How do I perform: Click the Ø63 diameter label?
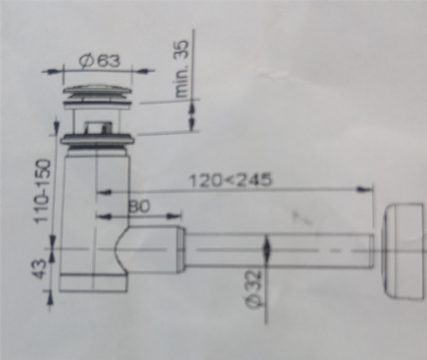click(100, 60)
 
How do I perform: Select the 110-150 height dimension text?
click(43, 191)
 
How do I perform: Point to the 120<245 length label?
click(230, 180)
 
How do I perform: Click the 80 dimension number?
click(139, 206)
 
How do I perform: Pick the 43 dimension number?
click(41, 269)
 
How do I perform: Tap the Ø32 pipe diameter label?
click(255, 289)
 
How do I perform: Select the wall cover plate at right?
click(402, 252)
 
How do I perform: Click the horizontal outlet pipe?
click(279, 251)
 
